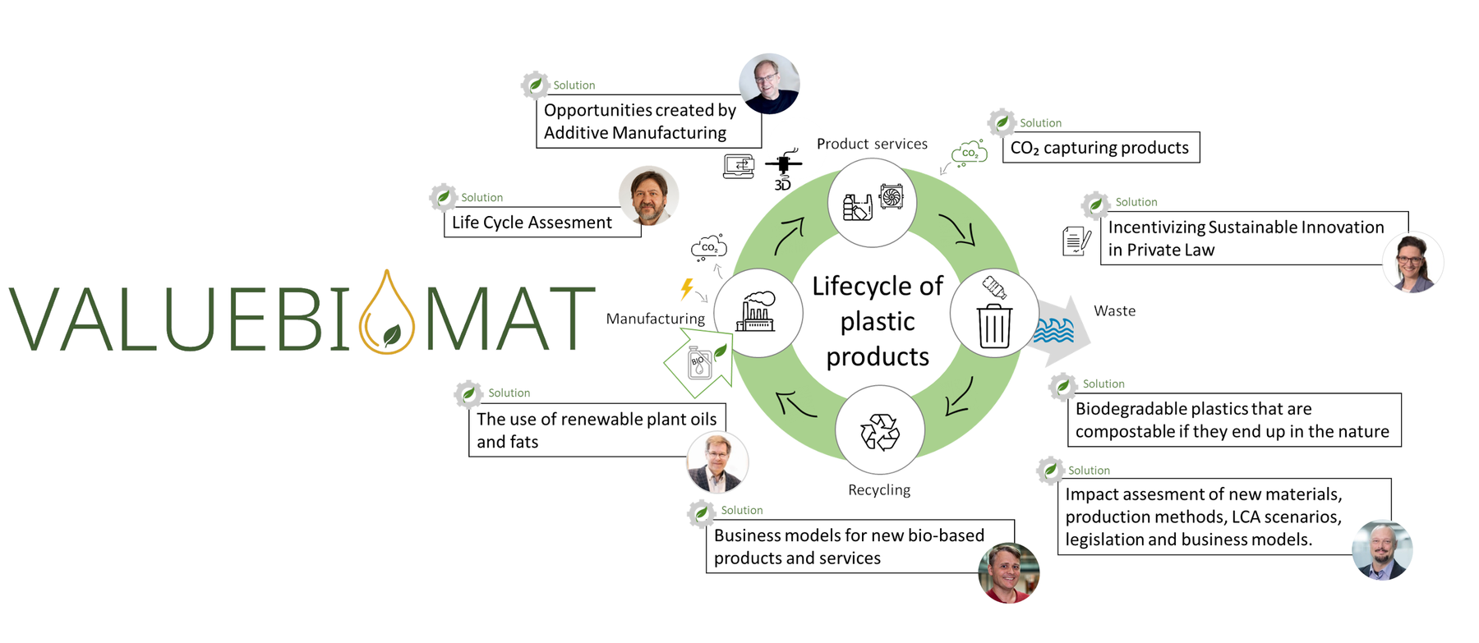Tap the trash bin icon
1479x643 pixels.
tap(994, 325)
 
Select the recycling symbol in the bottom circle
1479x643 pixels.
tap(880, 431)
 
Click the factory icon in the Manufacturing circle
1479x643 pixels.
tap(756, 312)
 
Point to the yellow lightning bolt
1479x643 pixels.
tap(687, 288)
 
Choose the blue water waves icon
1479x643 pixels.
tap(1054, 330)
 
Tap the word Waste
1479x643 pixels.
tap(1114, 311)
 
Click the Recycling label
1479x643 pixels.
tap(879, 490)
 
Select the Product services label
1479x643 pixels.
tap(872, 145)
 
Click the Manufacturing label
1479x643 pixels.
tap(655, 319)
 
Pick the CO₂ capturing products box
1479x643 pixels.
tap(1100, 148)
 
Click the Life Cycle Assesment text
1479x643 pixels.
tap(532, 223)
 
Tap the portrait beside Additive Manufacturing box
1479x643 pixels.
tap(769, 84)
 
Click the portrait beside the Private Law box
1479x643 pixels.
tap(1412, 263)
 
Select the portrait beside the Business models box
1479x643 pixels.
tap(1008, 572)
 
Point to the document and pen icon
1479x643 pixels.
tap(1076, 241)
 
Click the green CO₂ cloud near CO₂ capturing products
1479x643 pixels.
tap(969, 154)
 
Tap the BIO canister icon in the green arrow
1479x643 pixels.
tap(699, 362)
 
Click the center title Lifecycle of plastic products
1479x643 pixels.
tap(878, 321)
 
